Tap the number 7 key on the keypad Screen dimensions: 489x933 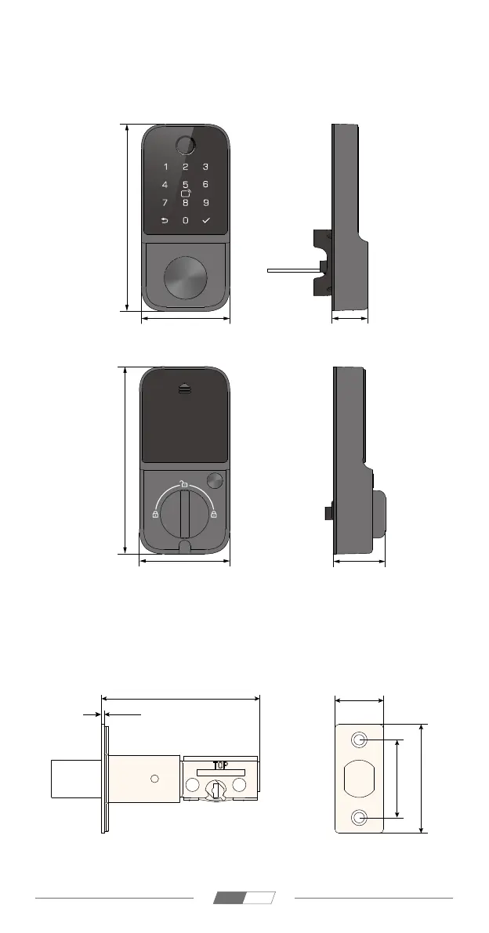point(165,203)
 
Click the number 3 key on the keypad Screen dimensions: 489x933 point(206,167)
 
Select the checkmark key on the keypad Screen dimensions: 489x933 point(206,220)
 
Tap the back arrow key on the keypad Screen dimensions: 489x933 point(165,220)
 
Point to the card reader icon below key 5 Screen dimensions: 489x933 point(186,193)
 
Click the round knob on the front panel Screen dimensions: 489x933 point(186,278)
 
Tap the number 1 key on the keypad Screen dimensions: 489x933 point(166,167)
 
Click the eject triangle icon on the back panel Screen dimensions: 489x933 point(184,390)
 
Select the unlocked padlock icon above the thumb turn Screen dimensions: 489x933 point(184,483)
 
